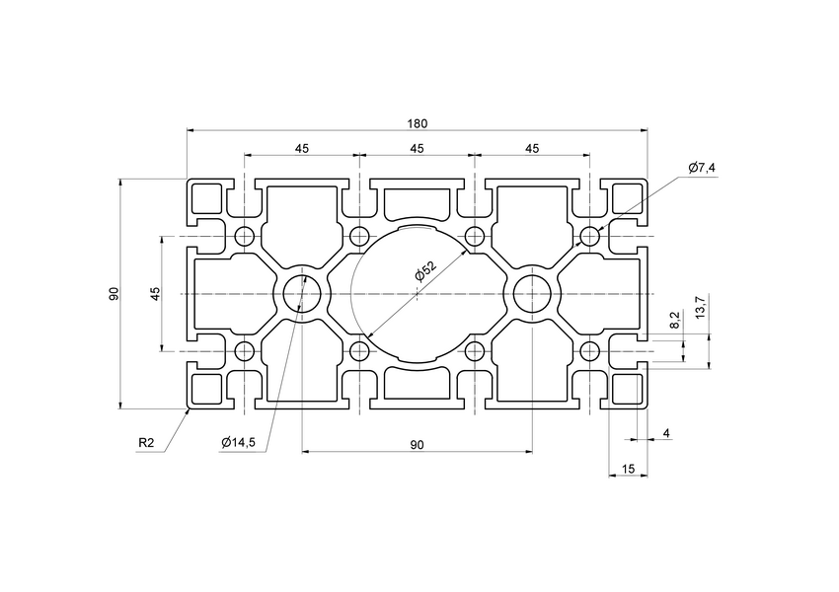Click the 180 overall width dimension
coord(417,123)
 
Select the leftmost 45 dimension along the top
coord(301,149)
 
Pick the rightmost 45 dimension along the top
coord(532,149)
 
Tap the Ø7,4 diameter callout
coord(702,168)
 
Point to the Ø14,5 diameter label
coord(239,443)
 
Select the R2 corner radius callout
coord(146,443)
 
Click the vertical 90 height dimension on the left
coord(114,294)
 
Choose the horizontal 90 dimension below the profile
coord(417,445)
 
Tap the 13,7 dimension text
coord(700,307)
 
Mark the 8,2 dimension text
coord(674,319)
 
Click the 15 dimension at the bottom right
coord(628,469)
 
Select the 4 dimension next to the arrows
coord(666,433)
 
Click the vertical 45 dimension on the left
coord(154,294)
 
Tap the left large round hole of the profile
coord(301,294)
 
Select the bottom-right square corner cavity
coord(627,390)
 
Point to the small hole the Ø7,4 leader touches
coord(589,237)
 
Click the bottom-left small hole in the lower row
coord(245,351)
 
